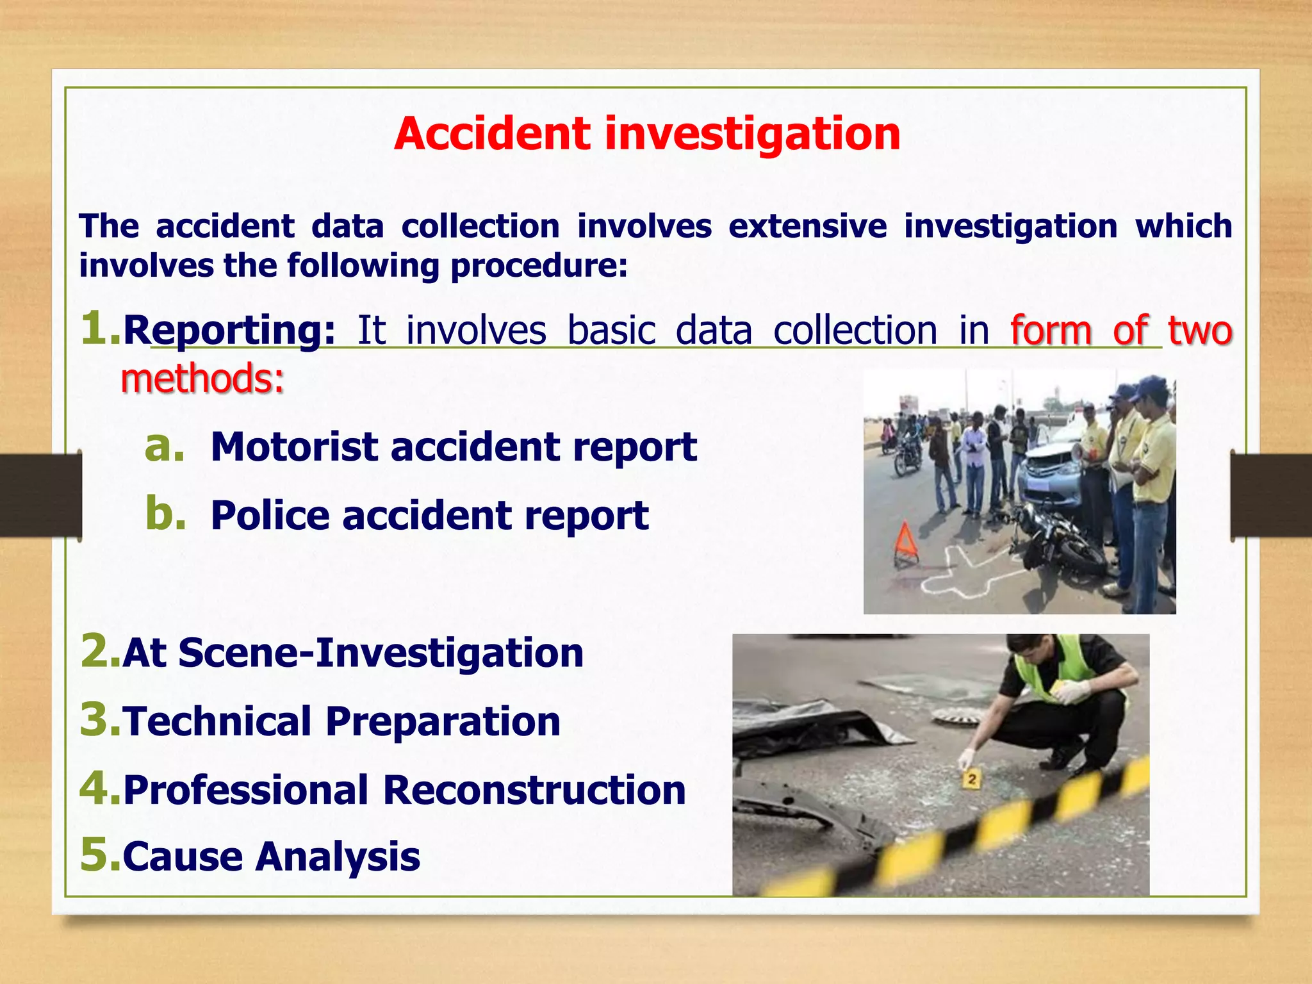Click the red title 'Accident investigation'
[x=647, y=134]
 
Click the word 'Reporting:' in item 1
[x=229, y=331]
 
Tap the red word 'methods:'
[x=202, y=379]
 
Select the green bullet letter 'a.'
[x=165, y=447]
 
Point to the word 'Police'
[x=270, y=516]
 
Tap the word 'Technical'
[x=217, y=721]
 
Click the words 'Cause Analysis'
[x=271, y=857]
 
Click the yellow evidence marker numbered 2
[x=972, y=780]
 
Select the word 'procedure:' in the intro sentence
[x=539, y=266]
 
